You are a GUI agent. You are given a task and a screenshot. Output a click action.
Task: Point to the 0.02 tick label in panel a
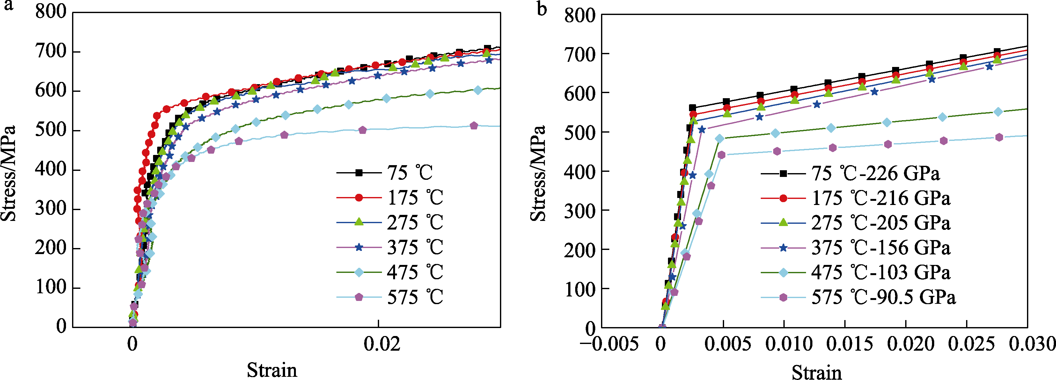(x=382, y=344)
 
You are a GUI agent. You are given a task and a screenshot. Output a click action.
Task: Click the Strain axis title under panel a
(x=272, y=370)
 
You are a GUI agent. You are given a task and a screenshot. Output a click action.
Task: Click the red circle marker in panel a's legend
(x=359, y=198)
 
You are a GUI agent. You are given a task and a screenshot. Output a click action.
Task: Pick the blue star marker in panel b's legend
(x=783, y=248)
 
